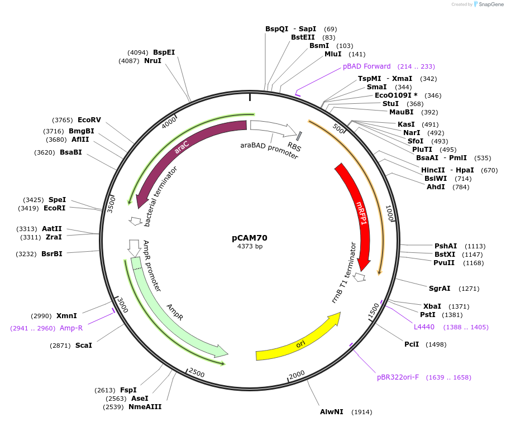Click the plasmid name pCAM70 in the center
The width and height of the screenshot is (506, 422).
(x=250, y=237)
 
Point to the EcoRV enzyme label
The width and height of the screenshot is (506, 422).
(x=89, y=120)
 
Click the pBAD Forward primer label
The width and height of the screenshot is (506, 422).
(x=367, y=66)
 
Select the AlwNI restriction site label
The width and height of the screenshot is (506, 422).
(x=331, y=412)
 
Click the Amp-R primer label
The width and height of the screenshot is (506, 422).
(x=71, y=328)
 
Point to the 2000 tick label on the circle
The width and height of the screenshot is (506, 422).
(x=297, y=373)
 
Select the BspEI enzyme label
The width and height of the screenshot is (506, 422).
(x=164, y=52)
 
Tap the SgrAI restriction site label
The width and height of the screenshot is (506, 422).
(x=440, y=289)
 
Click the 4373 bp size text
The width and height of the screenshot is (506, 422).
(x=250, y=246)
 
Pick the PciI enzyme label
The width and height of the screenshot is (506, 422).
(x=412, y=344)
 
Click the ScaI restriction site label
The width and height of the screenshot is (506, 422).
(x=84, y=346)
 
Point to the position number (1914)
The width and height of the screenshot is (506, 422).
(x=362, y=412)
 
